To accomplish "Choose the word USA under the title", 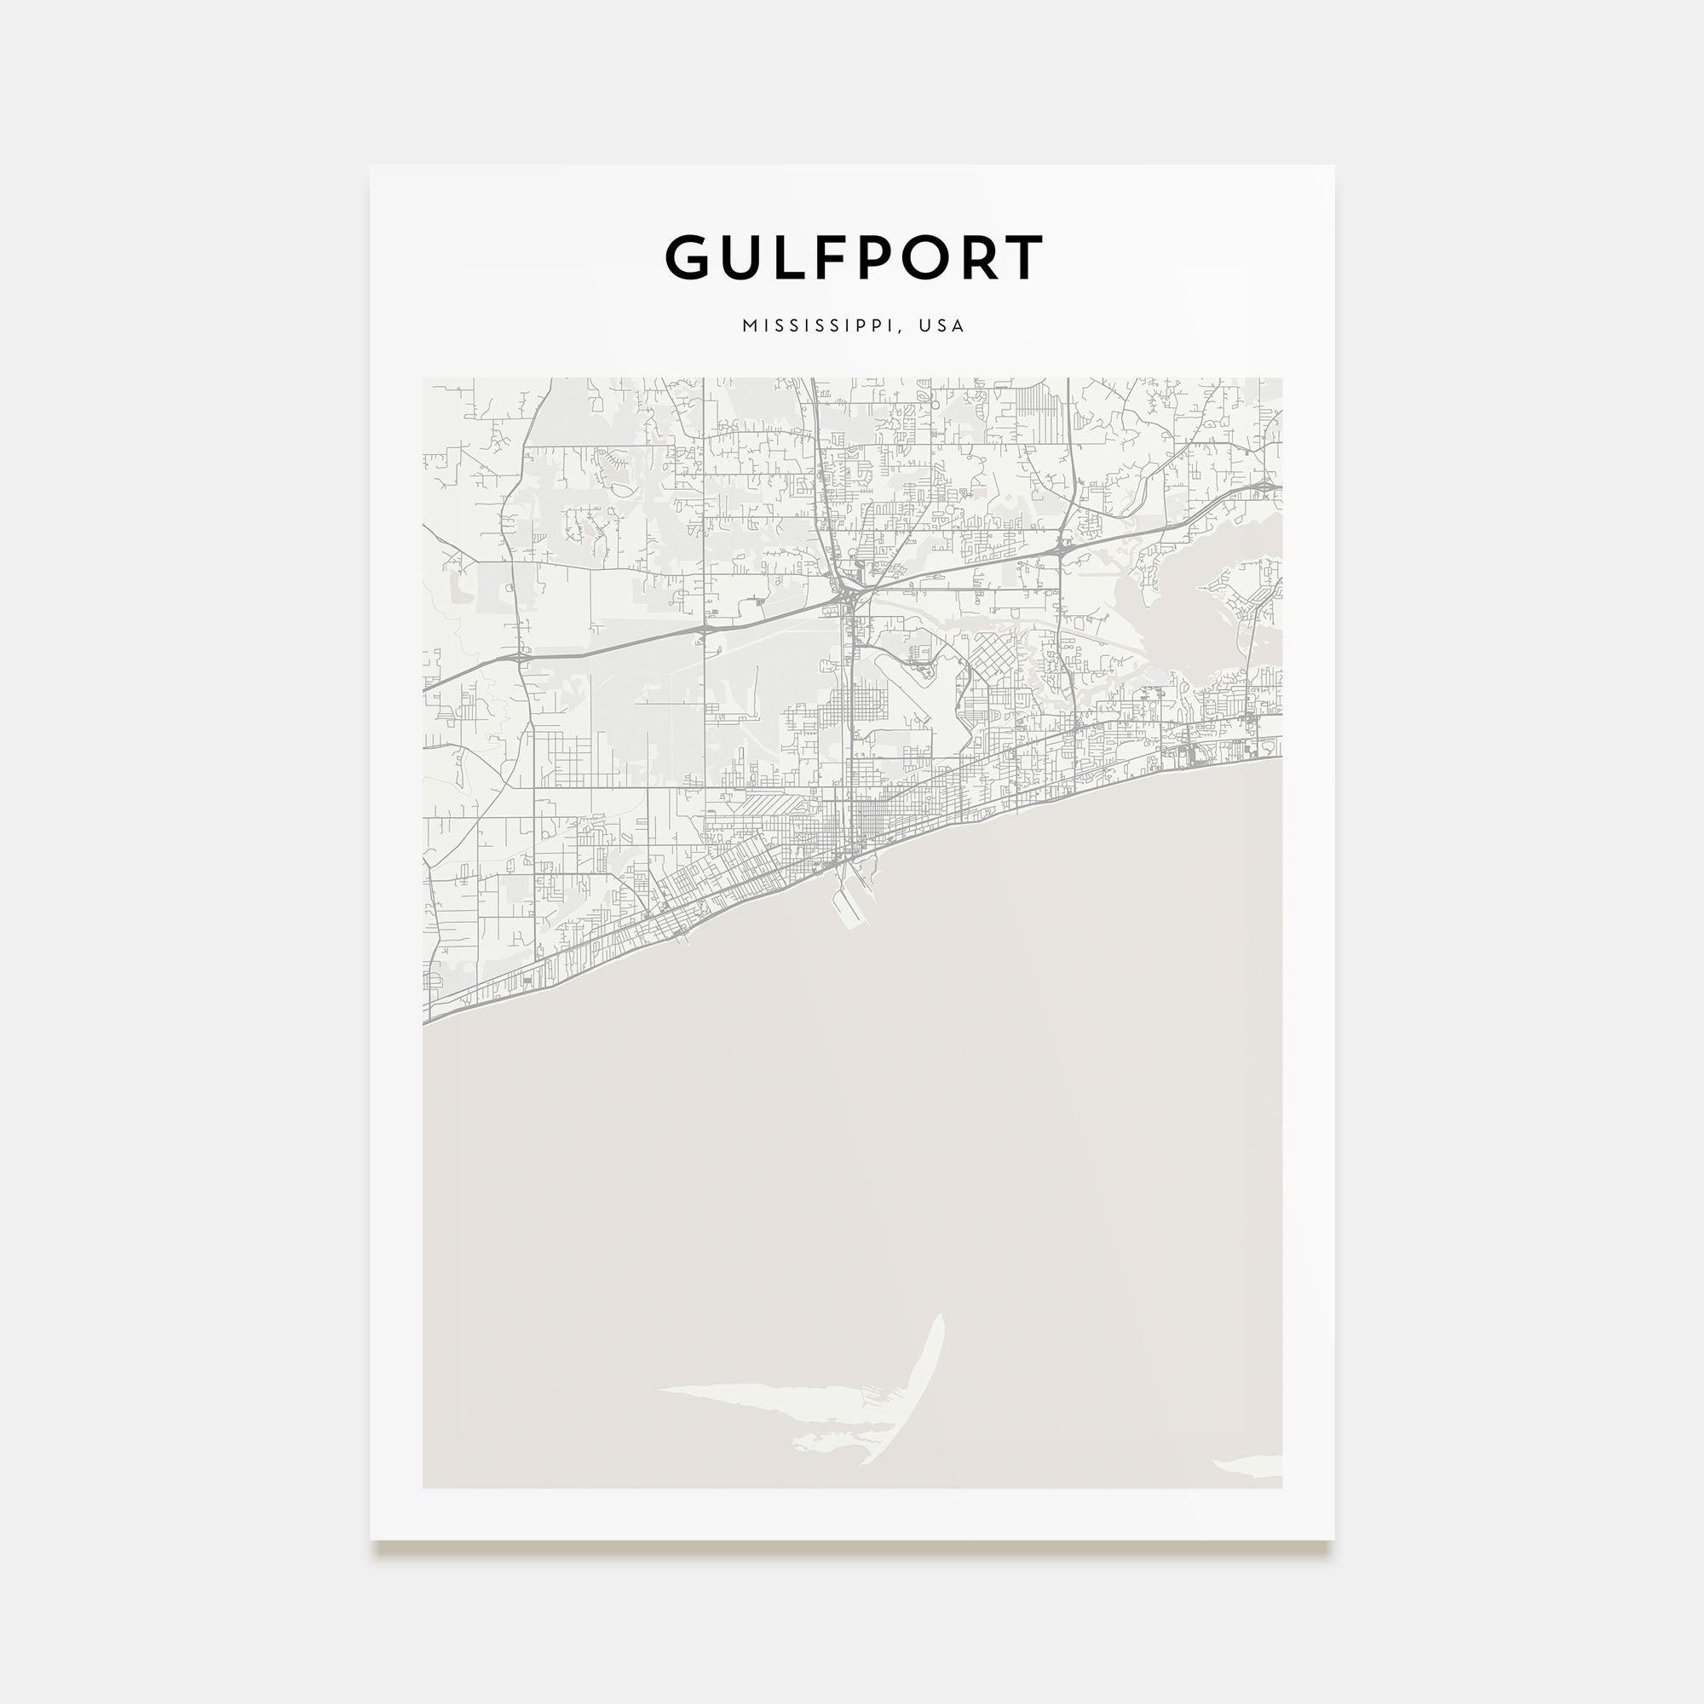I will (941, 325).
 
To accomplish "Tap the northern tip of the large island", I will (941, 1343).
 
